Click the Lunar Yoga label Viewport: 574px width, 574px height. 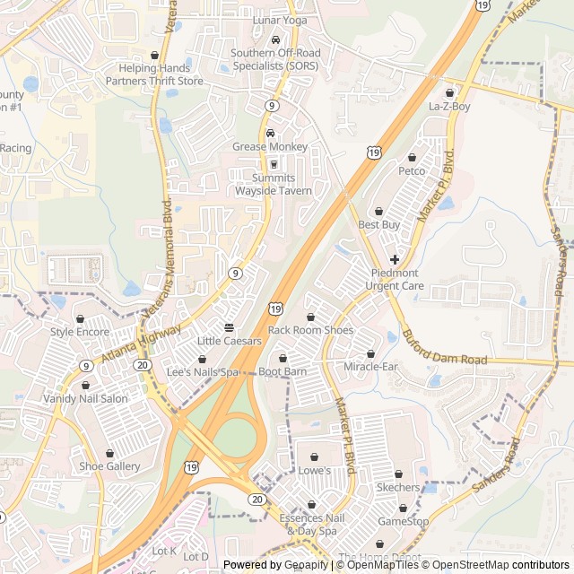pyautogui.click(x=280, y=20)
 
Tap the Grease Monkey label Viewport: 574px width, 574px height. pyautogui.click(x=270, y=146)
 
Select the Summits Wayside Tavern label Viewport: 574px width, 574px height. pyautogui.click(x=274, y=184)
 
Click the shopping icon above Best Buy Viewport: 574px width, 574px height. pyautogui.click(x=378, y=211)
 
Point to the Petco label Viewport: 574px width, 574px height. pyautogui.click(x=412, y=170)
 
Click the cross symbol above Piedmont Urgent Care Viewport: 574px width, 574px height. pyautogui.click(x=395, y=259)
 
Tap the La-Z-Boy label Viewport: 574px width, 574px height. pyautogui.click(x=449, y=106)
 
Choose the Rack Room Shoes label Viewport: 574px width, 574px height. pyautogui.click(x=310, y=330)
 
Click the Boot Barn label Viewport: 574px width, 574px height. pyautogui.click(x=283, y=371)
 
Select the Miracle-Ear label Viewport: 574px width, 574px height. pyautogui.click(x=370, y=366)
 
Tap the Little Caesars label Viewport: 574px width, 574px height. pyautogui.click(x=230, y=341)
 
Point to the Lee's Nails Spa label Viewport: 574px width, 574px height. pyautogui.click(x=203, y=371)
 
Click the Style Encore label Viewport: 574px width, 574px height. pyautogui.click(x=80, y=332)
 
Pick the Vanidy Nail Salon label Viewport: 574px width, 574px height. pyautogui.click(x=85, y=397)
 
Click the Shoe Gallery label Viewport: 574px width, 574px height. pyautogui.click(x=109, y=466)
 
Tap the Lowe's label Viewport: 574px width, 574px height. pyautogui.click(x=314, y=470)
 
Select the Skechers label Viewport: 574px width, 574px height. pyautogui.click(x=398, y=487)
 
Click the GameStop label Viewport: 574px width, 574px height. pyautogui.click(x=403, y=521)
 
